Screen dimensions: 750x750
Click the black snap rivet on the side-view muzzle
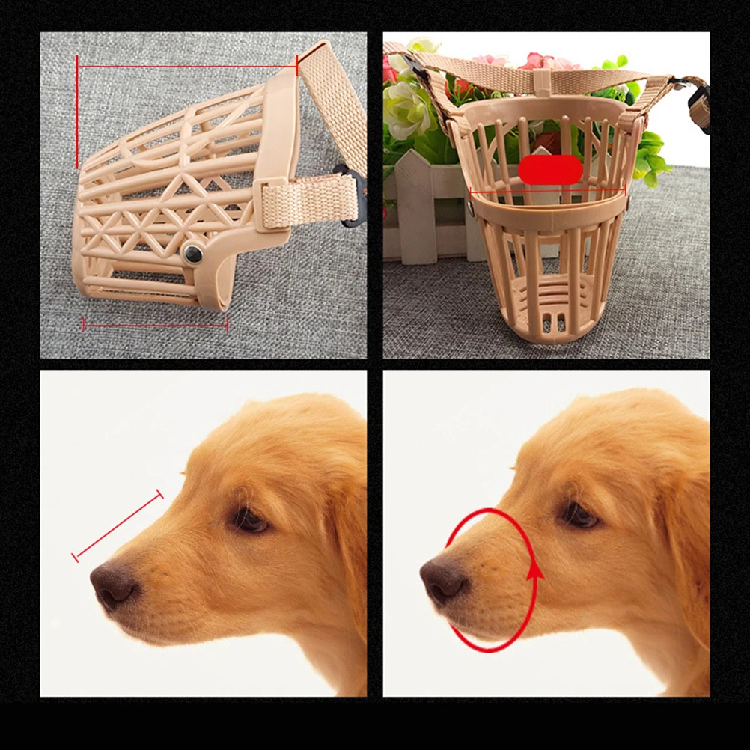[194, 252]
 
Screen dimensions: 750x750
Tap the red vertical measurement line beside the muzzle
[76, 112]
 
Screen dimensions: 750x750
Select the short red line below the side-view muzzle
[156, 325]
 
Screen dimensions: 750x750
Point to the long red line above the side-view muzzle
[187, 66]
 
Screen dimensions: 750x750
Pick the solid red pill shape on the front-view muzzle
[550, 170]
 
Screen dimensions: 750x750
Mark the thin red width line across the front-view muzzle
[547, 192]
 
